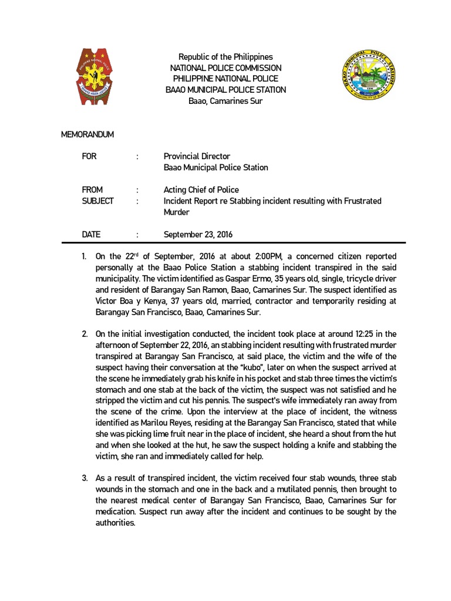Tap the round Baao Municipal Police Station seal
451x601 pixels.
(x=370, y=79)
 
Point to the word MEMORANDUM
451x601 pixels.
(x=87, y=134)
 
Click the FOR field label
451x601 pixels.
(x=89, y=157)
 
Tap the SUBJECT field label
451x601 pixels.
(x=97, y=201)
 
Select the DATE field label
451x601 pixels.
(x=91, y=234)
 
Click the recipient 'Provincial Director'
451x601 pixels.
(x=197, y=157)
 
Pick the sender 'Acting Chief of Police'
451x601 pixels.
(x=201, y=190)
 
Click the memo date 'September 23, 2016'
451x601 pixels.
(x=198, y=234)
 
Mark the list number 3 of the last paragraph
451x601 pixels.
(x=85, y=479)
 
